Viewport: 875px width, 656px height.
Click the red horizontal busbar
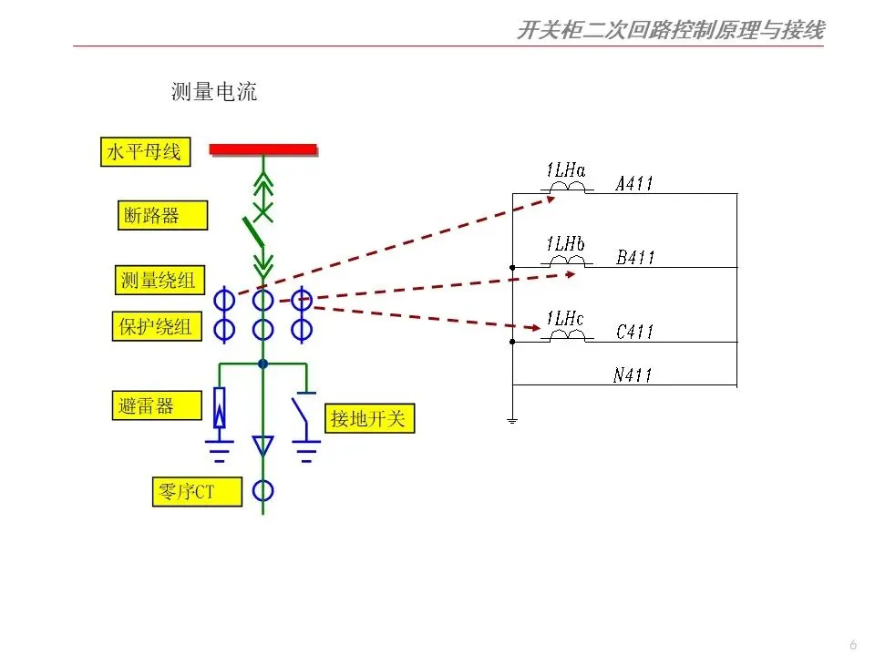tap(262, 149)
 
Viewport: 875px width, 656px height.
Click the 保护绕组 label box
tap(156, 326)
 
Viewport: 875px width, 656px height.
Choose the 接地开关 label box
tap(368, 419)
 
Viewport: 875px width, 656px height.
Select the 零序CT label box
tap(195, 492)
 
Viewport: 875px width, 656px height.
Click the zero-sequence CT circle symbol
tap(262, 491)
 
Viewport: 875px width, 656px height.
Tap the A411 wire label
tap(635, 183)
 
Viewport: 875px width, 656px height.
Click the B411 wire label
tap(635, 258)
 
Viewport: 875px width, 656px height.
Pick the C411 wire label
tap(634, 333)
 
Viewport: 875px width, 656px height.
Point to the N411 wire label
tap(633, 374)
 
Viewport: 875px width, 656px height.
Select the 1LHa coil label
tap(566, 170)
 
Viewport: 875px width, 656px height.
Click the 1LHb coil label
tap(565, 244)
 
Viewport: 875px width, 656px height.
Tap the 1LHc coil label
tap(565, 319)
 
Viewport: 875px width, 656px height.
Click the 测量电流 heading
tap(214, 91)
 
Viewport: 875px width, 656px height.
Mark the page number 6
tap(853, 644)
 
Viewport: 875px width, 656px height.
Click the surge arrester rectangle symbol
tap(219, 407)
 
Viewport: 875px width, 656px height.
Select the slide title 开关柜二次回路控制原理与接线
tap(670, 31)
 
